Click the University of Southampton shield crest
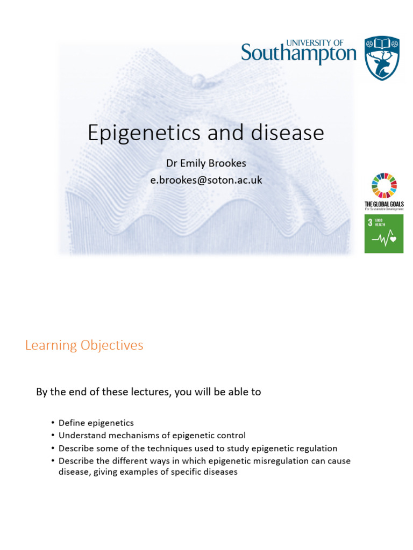[x=382, y=58]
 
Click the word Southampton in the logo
[x=298, y=54]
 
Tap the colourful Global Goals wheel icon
[x=384, y=186]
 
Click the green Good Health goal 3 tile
[x=384, y=233]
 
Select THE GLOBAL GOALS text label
[x=384, y=204]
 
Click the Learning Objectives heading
[x=84, y=345]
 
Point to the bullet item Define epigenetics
[x=96, y=423]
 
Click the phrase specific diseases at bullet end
[x=206, y=472]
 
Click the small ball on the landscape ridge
[x=200, y=80]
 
